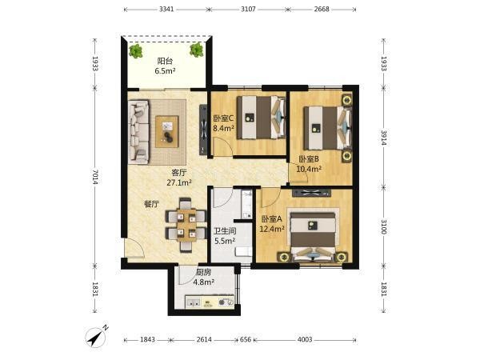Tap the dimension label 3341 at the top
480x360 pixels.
(166, 9)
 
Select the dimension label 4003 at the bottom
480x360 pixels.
(305, 339)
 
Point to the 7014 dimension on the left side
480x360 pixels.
(95, 177)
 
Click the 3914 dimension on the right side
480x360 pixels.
(383, 138)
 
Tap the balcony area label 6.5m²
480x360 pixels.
(165, 71)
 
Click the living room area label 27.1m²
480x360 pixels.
(179, 182)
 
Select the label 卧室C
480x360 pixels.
(223, 118)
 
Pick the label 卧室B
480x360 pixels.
(309, 159)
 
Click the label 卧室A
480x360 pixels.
(271, 219)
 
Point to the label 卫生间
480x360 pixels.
(225, 231)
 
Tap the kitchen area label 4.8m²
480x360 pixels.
(203, 282)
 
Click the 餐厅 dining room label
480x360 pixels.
(151, 204)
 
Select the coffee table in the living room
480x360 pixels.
(167, 131)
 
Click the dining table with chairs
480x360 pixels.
(186, 225)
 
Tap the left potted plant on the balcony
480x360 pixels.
(136, 51)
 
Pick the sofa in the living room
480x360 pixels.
(139, 131)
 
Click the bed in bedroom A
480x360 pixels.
(313, 235)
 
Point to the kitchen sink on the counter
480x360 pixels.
(194, 302)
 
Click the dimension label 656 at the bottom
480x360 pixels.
(246, 339)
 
